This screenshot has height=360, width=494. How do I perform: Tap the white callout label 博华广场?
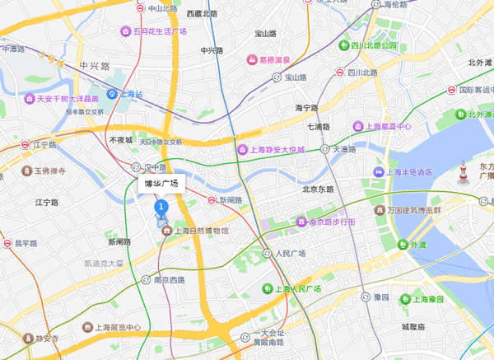161,184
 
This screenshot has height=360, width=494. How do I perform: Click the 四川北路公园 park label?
373,45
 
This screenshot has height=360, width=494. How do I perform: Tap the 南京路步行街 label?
326,222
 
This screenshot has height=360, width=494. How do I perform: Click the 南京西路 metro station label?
169,280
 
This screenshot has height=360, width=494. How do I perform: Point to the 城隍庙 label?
413,327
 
